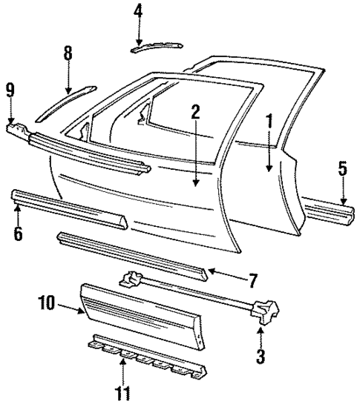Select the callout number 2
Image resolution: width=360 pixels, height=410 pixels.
[x=194, y=112]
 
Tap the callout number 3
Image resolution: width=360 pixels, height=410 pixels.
[x=260, y=356]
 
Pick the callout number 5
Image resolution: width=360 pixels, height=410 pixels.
[x=342, y=168]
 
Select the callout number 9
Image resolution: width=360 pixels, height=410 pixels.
[x=10, y=90]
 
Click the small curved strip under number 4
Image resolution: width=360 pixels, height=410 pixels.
[x=155, y=46]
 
